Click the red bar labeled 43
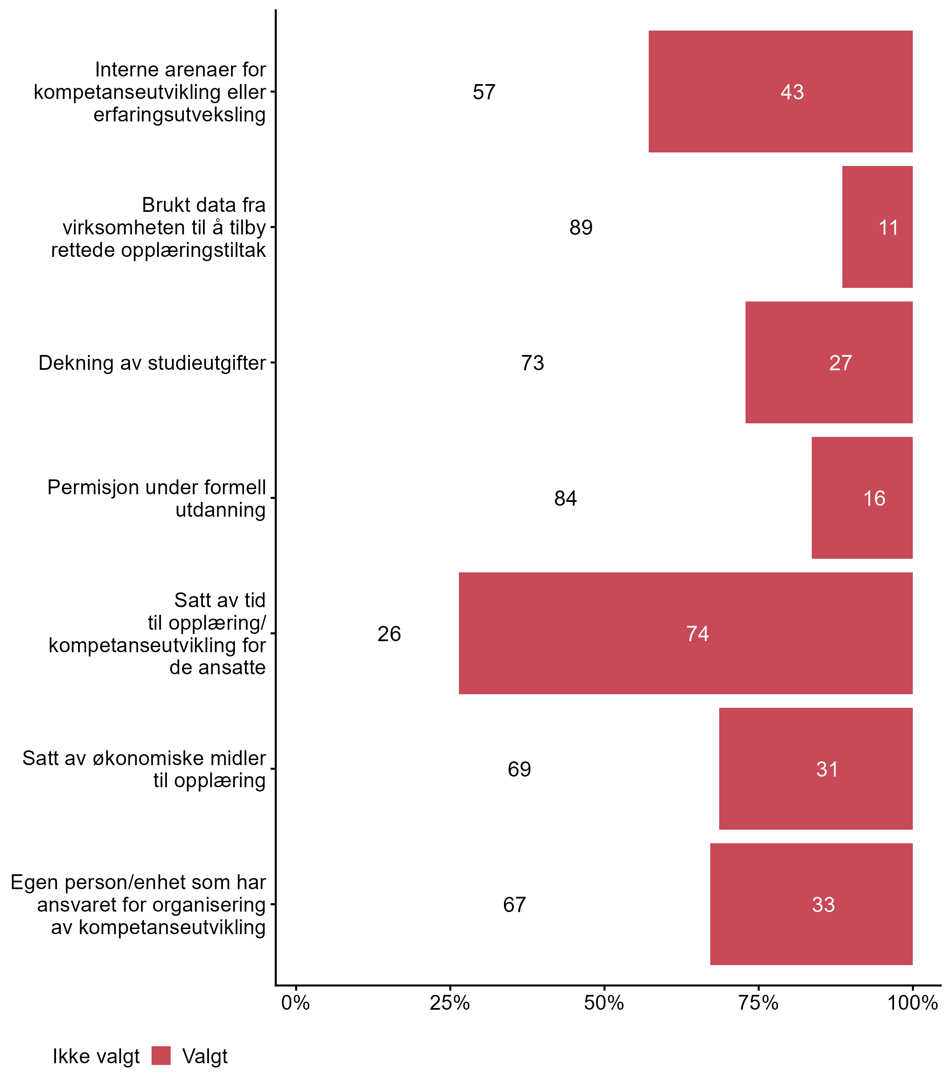click(x=780, y=91)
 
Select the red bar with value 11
click(x=877, y=227)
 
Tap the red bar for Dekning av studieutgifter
click(x=828, y=363)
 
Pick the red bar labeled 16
click(x=862, y=498)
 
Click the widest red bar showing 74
click(x=685, y=633)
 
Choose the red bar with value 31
click(x=815, y=769)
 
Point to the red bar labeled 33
click(x=811, y=904)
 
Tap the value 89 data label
click(x=581, y=228)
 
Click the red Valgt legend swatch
click(x=161, y=1056)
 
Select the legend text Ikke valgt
click(x=96, y=1056)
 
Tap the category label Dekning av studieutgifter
click(x=152, y=363)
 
